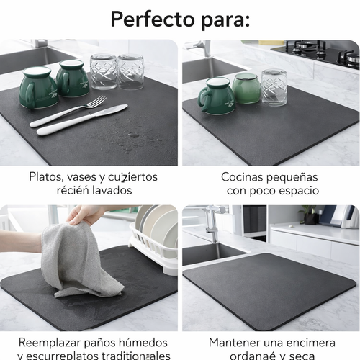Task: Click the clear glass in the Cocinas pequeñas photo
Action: tap(274, 87)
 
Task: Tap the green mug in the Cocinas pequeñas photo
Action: tap(217, 96)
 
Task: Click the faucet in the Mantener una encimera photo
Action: tap(210, 223)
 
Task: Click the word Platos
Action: tap(47, 176)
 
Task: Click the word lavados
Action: tap(112, 191)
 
